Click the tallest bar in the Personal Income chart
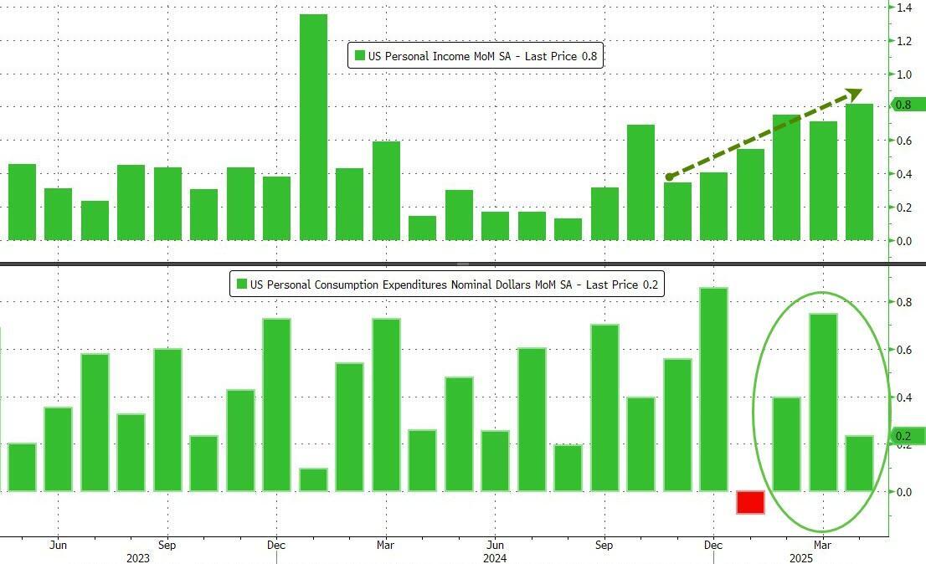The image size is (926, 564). pos(313,126)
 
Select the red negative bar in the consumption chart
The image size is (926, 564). pos(750,502)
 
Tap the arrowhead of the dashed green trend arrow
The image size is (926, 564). pos(854,94)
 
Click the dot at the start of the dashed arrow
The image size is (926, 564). pos(669,177)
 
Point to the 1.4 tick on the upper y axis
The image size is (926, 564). pos(904,8)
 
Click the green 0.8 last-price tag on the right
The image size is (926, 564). pos(907,105)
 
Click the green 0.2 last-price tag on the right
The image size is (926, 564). pos(907,436)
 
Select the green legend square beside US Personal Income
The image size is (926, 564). pos(360,56)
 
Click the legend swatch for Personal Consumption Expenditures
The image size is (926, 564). pos(242,285)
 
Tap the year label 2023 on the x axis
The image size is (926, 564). pos(138,558)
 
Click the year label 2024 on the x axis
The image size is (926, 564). pos(495,558)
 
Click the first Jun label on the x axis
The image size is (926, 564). pos(58,545)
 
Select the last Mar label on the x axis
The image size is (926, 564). pos(823,545)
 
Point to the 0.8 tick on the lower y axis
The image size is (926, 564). pos(904,302)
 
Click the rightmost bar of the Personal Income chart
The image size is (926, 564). pos(859,172)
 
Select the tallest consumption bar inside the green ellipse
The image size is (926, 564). pos(823,402)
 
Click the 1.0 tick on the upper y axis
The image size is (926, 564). pos(904,74)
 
